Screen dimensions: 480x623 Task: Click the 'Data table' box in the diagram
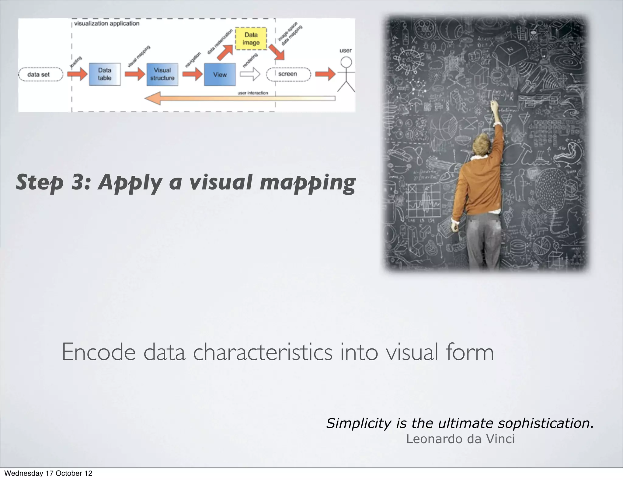pyautogui.click(x=105, y=74)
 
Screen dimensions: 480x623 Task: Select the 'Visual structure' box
pyautogui.click(x=162, y=74)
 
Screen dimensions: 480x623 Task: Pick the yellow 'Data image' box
pyautogui.click(x=251, y=39)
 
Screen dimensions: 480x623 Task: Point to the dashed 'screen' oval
pyautogui.click(x=288, y=74)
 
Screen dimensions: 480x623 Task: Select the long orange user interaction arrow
pyautogui.click(x=240, y=99)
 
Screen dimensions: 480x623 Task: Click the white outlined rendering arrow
pyautogui.click(x=250, y=74)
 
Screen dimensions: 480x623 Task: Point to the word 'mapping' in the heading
pyautogui.click(x=307, y=183)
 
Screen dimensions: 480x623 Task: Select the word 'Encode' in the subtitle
pyautogui.click(x=99, y=352)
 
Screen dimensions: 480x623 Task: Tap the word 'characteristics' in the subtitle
pyautogui.click(x=263, y=352)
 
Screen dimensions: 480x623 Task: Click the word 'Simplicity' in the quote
pyautogui.click(x=358, y=423)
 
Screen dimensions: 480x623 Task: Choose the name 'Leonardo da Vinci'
pyautogui.click(x=460, y=439)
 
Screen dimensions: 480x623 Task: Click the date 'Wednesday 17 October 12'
pyautogui.click(x=48, y=473)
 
